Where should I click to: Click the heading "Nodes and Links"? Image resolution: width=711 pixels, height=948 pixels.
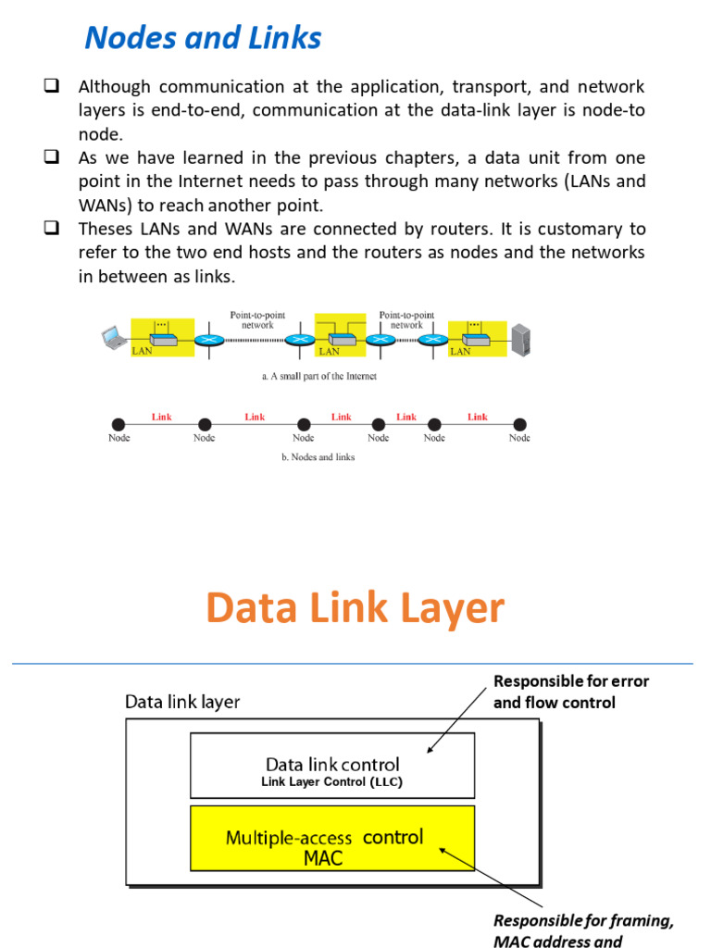203,38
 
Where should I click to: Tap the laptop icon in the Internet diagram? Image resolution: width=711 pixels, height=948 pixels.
114,338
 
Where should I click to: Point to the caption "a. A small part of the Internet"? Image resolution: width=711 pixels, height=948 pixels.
318,377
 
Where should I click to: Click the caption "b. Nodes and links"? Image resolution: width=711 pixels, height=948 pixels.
318,456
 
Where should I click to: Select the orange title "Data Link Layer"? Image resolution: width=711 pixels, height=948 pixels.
355,608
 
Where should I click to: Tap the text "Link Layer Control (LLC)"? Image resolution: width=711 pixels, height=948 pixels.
331,782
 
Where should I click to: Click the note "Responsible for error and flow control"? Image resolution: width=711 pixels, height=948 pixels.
570,692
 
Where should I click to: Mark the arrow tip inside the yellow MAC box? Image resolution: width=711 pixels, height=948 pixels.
442,847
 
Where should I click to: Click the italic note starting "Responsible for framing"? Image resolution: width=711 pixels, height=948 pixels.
583,931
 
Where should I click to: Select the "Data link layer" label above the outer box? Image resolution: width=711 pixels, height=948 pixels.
182,703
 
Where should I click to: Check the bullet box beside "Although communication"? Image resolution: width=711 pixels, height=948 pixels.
51,87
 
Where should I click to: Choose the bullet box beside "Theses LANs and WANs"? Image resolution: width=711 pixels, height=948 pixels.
51,229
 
